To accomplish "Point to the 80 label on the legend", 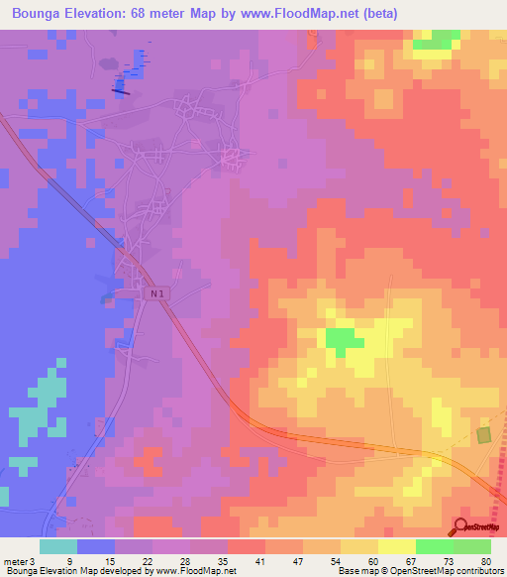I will point(484,560).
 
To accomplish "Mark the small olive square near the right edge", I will point(483,435).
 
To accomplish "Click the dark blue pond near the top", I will point(121,87).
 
